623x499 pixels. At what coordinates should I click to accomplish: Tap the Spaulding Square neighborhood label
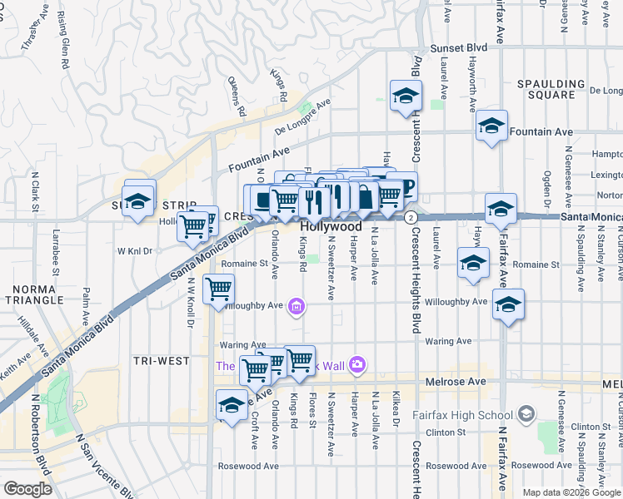tap(551, 89)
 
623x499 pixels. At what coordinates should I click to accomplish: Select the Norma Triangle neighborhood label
tap(33, 294)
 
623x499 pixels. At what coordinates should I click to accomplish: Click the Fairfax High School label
tap(462, 415)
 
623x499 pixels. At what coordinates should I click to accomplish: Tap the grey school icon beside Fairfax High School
tap(526, 413)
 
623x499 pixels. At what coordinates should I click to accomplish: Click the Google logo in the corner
tap(27, 489)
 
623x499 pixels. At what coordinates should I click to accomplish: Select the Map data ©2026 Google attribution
tap(571, 492)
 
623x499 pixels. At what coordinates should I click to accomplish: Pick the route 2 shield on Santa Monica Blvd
tap(411, 216)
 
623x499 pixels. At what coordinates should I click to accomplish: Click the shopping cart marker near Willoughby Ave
tap(218, 289)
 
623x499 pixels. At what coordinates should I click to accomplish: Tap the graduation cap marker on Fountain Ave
tap(491, 126)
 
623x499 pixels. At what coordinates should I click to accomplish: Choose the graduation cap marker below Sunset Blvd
tap(406, 95)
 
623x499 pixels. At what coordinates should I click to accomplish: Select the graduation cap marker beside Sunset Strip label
tap(138, 200)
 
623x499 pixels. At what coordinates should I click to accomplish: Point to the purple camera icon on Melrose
tap(357, 363)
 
